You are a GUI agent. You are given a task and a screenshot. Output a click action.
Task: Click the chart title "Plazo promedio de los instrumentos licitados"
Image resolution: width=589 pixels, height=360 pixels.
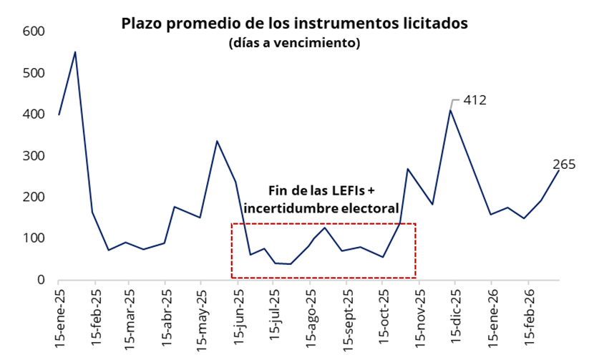(x=294, y=24)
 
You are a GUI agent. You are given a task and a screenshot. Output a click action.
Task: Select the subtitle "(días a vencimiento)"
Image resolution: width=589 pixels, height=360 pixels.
(x=294, y=43)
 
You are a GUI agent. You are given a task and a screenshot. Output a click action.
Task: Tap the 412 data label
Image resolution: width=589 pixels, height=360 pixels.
(x=474, y=100)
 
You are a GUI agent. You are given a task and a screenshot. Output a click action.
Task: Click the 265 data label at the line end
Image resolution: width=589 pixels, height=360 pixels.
(x=565, y=165)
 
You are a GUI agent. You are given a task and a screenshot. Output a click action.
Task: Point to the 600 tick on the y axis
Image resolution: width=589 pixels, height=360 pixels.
(x=34, y=32)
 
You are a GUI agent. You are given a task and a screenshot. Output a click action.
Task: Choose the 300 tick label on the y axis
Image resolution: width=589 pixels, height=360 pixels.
(x=34, y=156)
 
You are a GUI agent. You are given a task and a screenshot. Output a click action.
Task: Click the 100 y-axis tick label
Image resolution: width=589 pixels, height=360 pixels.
(x=34, y=238)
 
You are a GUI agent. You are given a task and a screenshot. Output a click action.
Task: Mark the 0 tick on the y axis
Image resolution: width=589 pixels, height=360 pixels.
(x=41, y=280)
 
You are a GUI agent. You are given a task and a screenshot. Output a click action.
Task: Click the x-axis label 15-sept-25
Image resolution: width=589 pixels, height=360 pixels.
(x=347, y=319)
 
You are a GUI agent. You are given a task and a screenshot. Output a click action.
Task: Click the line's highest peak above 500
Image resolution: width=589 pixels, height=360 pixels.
(x=75, y=52)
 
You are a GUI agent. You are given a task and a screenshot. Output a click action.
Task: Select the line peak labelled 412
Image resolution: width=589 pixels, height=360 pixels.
(x=450, y=110)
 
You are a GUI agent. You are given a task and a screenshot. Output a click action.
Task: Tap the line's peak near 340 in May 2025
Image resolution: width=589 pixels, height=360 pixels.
(x=217, y=141)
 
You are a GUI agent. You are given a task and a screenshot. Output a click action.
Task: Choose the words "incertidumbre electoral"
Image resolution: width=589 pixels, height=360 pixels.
(x=321, y=208)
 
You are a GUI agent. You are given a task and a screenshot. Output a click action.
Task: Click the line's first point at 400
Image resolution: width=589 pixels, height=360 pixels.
(x=59, y=115)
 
